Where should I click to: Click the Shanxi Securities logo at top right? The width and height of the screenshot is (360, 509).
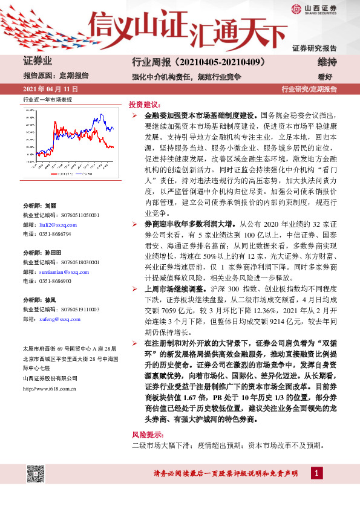point(314,10)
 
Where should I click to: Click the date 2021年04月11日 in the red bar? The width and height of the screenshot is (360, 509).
point(49,89)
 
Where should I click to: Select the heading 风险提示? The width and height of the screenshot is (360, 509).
point(146,435)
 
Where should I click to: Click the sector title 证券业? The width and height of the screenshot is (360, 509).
point(38,61)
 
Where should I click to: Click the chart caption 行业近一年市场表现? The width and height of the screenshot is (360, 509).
point(47,99)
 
